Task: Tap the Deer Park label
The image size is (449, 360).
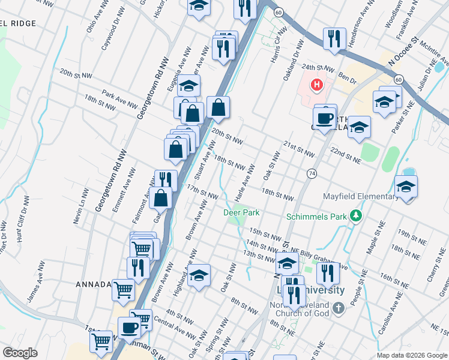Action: point(241,212)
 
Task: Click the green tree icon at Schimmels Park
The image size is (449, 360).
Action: point(357,215)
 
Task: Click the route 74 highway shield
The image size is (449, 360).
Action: point(312,173)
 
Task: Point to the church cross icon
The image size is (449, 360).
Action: point(338,308)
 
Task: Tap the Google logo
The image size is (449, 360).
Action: point(20,353)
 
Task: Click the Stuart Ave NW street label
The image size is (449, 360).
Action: point(205,161)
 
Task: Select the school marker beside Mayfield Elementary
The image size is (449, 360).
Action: point(406,187)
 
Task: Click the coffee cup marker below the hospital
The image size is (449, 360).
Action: point(325,118)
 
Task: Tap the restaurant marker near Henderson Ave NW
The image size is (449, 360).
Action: point(334,38)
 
